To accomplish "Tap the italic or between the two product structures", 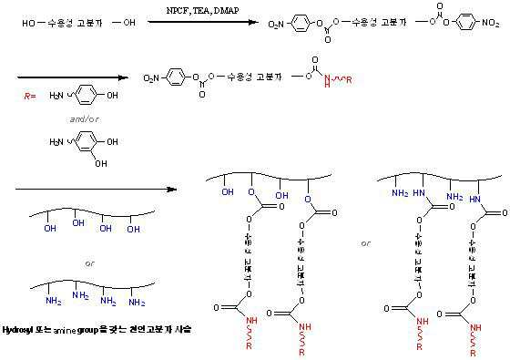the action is (365, 243).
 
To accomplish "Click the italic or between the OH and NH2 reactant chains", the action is (88, 264).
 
